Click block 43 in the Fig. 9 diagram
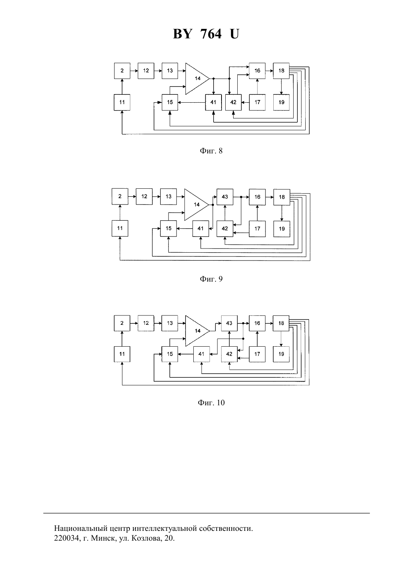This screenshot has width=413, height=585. click(225, 197)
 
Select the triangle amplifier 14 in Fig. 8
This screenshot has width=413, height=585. click(197, 78)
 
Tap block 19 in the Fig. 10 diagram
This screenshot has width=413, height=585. click(281, 354)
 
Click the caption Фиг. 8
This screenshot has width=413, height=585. click(211, 151)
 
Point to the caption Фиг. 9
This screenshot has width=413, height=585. click(211, 279)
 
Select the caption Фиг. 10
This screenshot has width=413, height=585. click(211, 402)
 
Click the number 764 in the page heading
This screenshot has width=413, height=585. click(211, 34)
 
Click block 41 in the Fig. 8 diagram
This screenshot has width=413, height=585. click(213, 102)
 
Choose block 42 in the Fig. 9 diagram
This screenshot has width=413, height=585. click(225, 229)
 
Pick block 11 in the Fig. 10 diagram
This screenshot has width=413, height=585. click(122, 354)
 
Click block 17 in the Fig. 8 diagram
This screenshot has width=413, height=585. click(257, 102)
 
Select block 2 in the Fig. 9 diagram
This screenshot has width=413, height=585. click(120, 196)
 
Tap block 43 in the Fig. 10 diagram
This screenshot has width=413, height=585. click(229, 323)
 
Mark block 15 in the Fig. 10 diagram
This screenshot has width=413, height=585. click(170, 354)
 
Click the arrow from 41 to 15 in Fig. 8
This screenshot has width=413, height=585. click(191, 102)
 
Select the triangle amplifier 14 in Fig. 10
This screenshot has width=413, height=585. click(197, 331)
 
